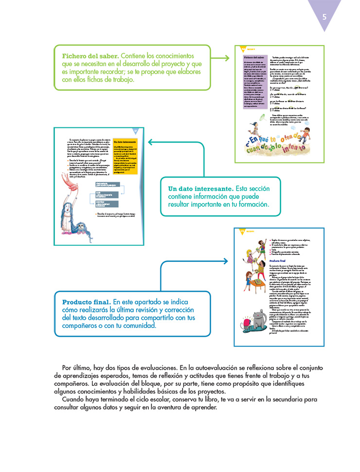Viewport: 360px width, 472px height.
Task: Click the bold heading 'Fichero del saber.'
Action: click(x=90, y=55)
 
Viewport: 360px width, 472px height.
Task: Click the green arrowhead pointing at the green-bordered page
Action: click(x=226, y=58)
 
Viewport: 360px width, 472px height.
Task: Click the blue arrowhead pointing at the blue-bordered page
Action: click(x=225, y=261)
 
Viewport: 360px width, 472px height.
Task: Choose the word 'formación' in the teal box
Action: click(x=249, y=205)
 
